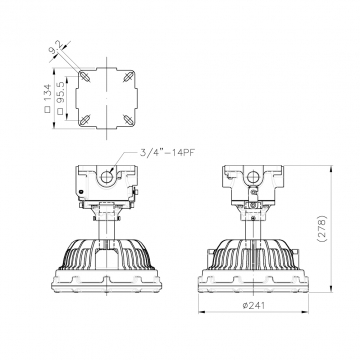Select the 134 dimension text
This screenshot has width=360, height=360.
click(48, 93)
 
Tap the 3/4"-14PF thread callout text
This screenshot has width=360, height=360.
click(167, 153)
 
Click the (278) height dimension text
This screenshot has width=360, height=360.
click(322, 229)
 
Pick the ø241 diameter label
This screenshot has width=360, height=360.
click(254, 305)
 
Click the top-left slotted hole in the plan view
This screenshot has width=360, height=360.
click(85, 76)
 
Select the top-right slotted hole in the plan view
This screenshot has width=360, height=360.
click(127, 76)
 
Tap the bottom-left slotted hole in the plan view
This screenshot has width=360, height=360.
click(85, 119)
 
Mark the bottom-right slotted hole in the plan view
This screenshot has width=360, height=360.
click(127, 119)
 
